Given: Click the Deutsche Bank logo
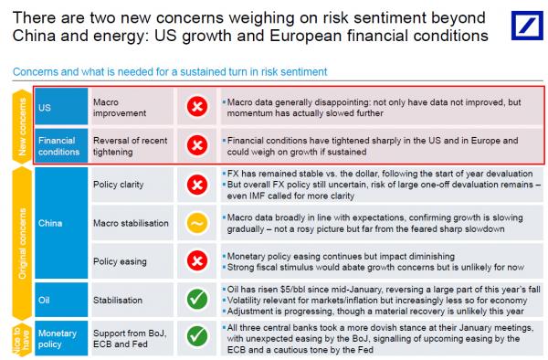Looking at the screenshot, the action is point(527,26).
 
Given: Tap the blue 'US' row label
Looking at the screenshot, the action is point(61,107).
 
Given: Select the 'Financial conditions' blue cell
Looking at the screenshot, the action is point(61,146).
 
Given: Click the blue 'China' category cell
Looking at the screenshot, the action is point(61,223).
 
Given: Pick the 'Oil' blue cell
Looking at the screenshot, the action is point(61,300).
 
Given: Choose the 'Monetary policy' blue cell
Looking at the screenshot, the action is point(61,338).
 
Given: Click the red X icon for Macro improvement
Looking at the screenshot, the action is point(197,106).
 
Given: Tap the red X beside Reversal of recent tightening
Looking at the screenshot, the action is point(197,145).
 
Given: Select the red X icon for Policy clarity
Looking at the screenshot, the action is point(197,185).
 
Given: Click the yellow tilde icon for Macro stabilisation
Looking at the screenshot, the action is point(197,223).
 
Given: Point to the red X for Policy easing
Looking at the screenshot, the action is point(197,260).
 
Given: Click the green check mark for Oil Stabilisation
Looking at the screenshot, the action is point(197,299).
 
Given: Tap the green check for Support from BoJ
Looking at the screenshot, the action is point(197,336).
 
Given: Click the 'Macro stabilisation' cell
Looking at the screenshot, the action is point(132,223).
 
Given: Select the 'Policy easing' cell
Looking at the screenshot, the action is point(132,261).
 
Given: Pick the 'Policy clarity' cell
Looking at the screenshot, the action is point(132,185).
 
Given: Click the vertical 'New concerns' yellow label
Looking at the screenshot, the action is point(22,126).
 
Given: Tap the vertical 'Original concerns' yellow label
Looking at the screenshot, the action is point(22,244).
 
